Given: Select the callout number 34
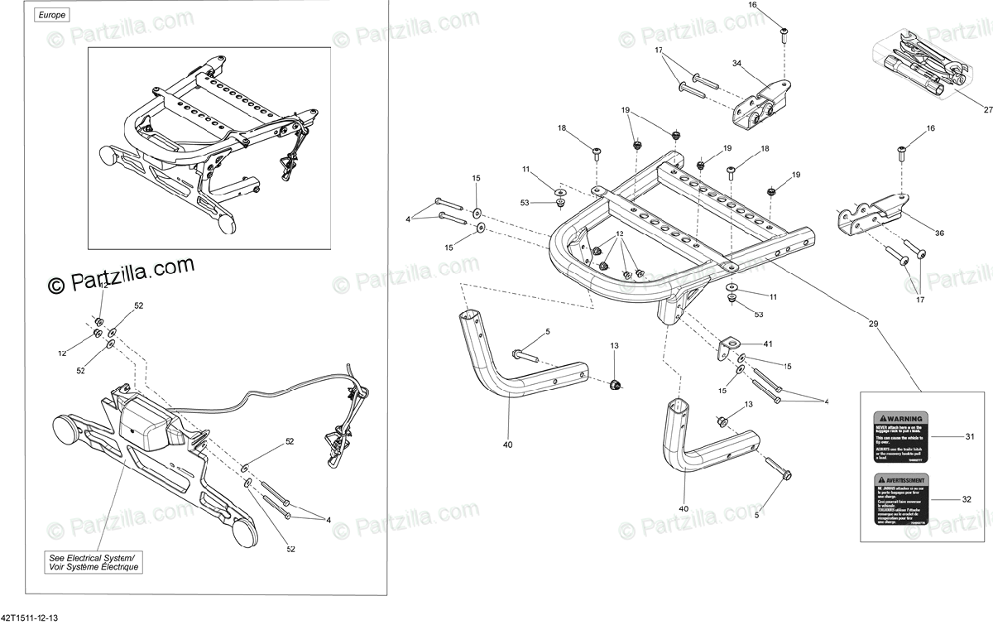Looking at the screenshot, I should point(737,63).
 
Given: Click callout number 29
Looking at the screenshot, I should point(873,324).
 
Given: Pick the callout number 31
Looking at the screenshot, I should point(967,435).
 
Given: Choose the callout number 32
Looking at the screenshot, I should point(967,499).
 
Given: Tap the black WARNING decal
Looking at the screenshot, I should point(901,436).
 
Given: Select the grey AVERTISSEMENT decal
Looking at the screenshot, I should point(901,499).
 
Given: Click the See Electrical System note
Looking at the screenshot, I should point(94,562).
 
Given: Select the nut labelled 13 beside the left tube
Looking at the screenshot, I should point(615,384).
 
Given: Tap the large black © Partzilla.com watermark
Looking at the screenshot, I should point(121,276).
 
